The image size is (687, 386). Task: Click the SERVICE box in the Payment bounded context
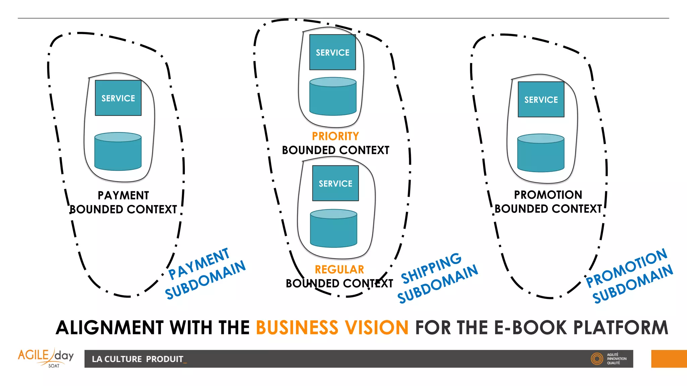point(118,98)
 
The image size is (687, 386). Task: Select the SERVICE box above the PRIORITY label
point(332,52)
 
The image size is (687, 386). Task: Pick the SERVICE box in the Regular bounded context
point(335,183)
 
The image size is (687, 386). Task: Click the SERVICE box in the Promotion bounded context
point(541,100)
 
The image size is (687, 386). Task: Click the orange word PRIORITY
point(335,136)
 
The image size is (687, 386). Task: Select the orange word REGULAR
point(339,269)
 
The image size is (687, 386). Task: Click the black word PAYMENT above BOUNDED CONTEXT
point(123,195)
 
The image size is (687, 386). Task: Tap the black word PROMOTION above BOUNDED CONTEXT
point(548,195)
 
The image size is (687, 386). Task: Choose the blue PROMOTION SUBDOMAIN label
point(629,275)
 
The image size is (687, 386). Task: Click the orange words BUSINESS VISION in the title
point(332,328)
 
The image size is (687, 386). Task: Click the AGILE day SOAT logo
point(46,358)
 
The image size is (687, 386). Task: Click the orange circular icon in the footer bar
point(597,359)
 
